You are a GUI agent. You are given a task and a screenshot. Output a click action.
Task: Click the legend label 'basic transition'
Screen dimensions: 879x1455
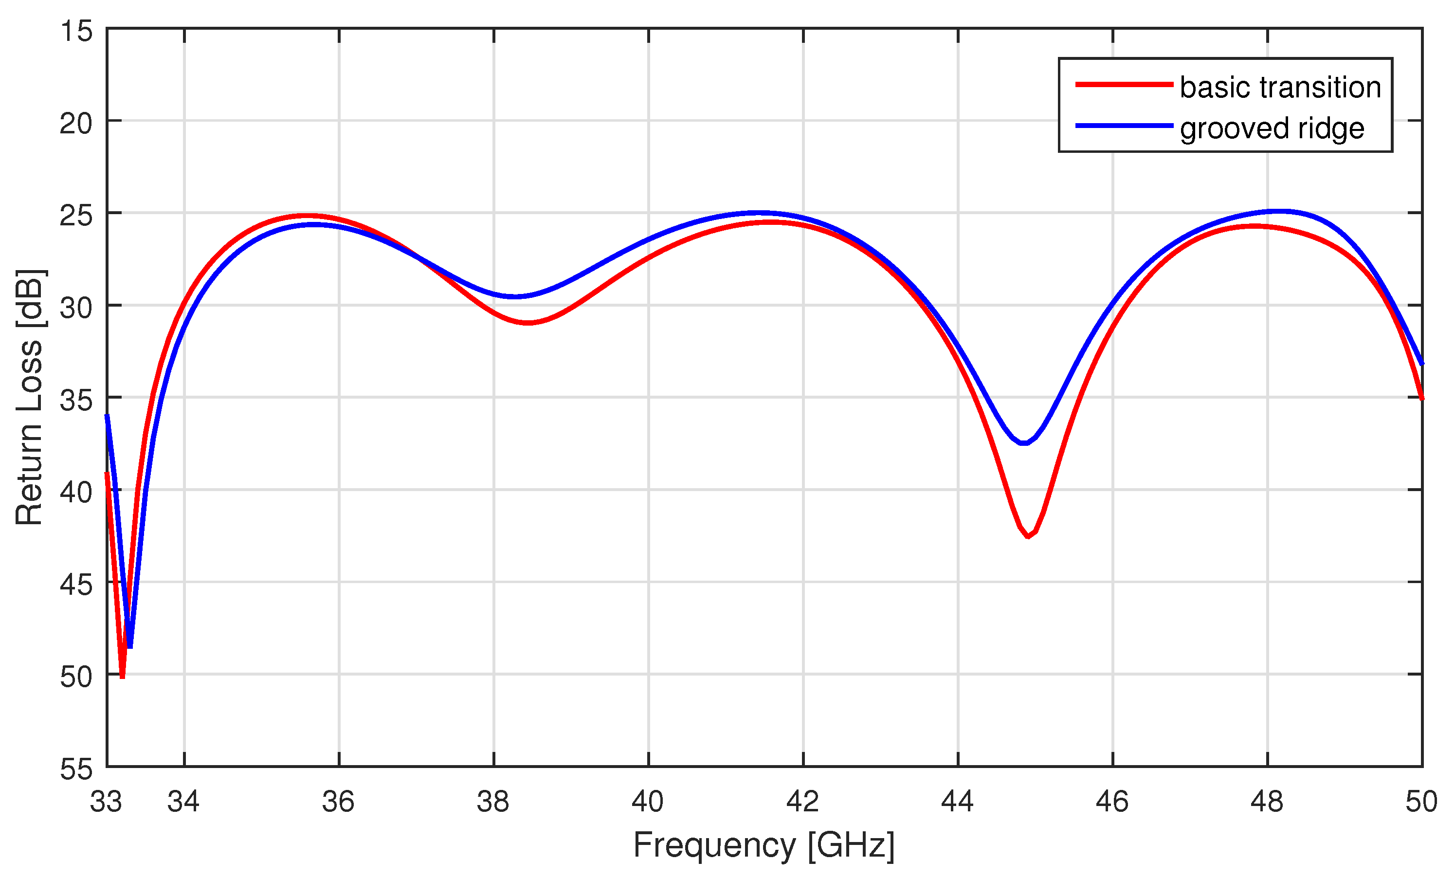click(x=1280, y=88)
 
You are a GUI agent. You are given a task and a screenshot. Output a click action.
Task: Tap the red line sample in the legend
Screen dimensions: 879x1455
click(x=1124, y=85)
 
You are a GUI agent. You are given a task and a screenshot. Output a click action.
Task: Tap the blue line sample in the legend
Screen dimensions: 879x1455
click(x=1124, y=125)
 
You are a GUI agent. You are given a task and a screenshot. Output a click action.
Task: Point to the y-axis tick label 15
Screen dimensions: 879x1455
click(x=76, y=31)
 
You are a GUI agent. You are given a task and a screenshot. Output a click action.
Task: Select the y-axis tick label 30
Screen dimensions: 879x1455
click(x=76, y=307)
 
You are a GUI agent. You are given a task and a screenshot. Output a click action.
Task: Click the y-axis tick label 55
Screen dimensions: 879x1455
click(x=76, y=769)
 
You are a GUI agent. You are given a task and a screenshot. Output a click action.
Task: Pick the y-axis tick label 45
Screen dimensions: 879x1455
click(x=76, y=584)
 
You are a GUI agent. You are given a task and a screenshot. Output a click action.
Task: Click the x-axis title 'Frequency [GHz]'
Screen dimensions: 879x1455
click(x=764, y=845)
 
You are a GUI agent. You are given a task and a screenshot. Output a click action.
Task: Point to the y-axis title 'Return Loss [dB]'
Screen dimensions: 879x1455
click(x=30, y=397)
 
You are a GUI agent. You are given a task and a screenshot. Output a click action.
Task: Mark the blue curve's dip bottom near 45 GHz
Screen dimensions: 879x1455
click(x=1024, y=443)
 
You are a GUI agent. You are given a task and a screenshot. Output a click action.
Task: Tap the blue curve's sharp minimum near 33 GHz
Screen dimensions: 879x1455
click(x=130, y=647)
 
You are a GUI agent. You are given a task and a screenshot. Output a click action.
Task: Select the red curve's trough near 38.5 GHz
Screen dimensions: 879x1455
click(x=527, y=323)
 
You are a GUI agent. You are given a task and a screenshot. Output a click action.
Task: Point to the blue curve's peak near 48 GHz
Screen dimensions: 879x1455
click(x=1278, y=211)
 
